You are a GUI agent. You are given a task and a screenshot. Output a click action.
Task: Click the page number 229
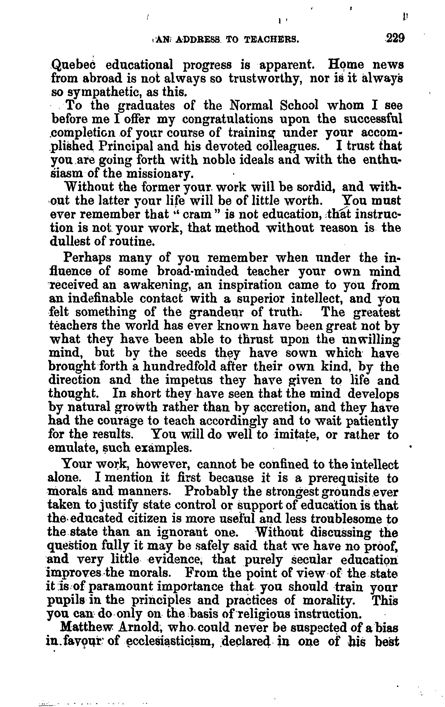click(395, 38)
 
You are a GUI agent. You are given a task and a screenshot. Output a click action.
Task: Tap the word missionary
click(160, 174)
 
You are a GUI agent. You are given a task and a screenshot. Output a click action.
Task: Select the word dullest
click(68, 241)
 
